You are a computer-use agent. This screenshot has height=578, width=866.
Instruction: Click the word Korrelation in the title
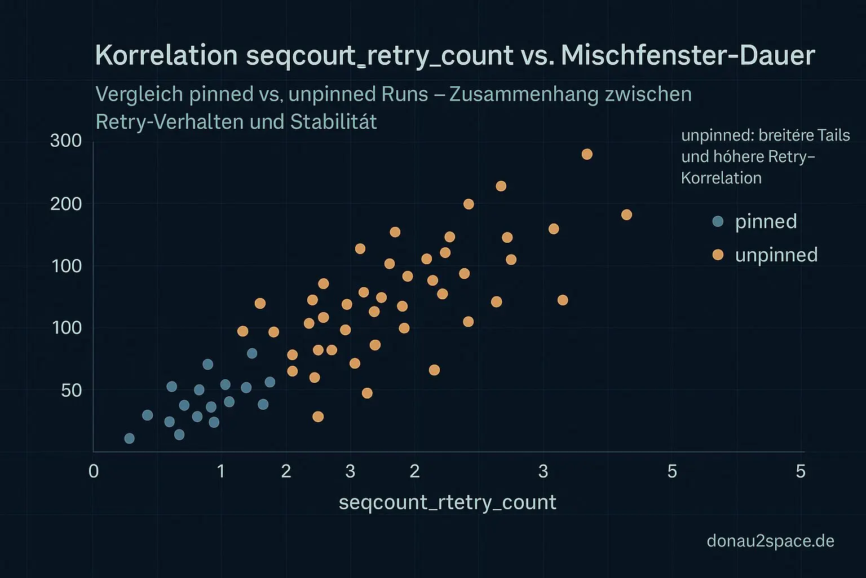166,55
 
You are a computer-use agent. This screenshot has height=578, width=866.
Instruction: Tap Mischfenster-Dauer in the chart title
688,55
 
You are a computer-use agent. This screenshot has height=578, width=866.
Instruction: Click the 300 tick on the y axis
66,141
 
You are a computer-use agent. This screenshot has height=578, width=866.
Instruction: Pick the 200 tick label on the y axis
66,203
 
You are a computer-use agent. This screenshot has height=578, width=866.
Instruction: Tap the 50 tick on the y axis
72,390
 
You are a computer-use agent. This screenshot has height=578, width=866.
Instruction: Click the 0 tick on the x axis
94,471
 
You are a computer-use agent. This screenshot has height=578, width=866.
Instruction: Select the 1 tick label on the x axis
221,471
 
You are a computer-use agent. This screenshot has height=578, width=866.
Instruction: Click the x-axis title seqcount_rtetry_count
447,502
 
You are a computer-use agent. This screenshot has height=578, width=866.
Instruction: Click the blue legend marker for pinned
718,221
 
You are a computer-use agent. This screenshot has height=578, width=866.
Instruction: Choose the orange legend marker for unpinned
718,255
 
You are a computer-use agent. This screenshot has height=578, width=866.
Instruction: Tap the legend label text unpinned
776,255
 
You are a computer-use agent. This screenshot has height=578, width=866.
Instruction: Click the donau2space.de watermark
770,541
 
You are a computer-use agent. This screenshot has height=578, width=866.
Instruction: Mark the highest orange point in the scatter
587,154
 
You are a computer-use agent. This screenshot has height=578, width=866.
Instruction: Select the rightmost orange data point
626,214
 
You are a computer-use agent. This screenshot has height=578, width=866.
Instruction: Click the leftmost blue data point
129,438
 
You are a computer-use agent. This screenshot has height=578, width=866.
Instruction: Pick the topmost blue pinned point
252,353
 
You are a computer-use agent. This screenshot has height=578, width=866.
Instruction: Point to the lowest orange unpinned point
318,417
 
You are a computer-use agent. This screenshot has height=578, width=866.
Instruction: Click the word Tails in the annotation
831,135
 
